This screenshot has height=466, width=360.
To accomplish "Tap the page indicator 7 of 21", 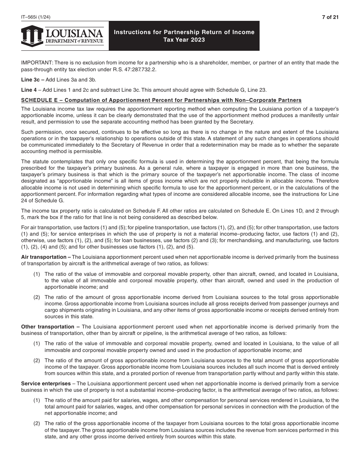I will pos(330,17).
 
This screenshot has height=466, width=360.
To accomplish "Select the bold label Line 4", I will pos(28,90).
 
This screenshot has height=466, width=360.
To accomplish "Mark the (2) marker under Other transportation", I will pos(36,361).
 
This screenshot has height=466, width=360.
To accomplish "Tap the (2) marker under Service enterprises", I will pos(36,423).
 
